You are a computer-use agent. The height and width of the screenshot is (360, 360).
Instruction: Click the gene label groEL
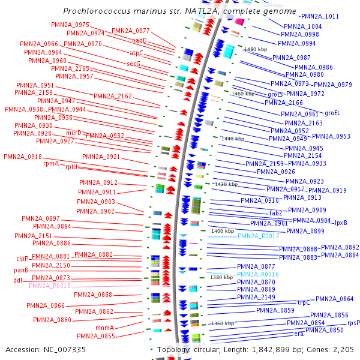[x=332, y=112]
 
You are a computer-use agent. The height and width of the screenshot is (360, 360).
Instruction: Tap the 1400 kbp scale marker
[x=222, y=231]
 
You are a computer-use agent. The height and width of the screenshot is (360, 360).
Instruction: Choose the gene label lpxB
[x=341, y=223]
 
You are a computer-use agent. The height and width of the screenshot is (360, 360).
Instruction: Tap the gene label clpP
[x=22, y=259]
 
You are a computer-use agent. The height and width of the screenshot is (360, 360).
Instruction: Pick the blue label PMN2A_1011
[x=320, y=17]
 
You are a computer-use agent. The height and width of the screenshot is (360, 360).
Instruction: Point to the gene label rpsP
[x=353, y=323]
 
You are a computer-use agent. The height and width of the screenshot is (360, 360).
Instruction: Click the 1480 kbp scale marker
[x=255, y=49]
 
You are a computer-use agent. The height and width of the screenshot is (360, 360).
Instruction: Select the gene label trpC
[x=304, y=302]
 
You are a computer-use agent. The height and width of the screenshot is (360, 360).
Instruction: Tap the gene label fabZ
[x=275, y=212]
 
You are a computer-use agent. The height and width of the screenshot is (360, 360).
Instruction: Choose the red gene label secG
[x=133, y=64]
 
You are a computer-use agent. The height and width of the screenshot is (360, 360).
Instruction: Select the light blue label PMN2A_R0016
[x=259, y=274]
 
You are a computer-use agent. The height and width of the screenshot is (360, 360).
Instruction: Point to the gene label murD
[x=74, y=133]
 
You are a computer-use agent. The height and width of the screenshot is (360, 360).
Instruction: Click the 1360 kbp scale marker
[x=222, y=323]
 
